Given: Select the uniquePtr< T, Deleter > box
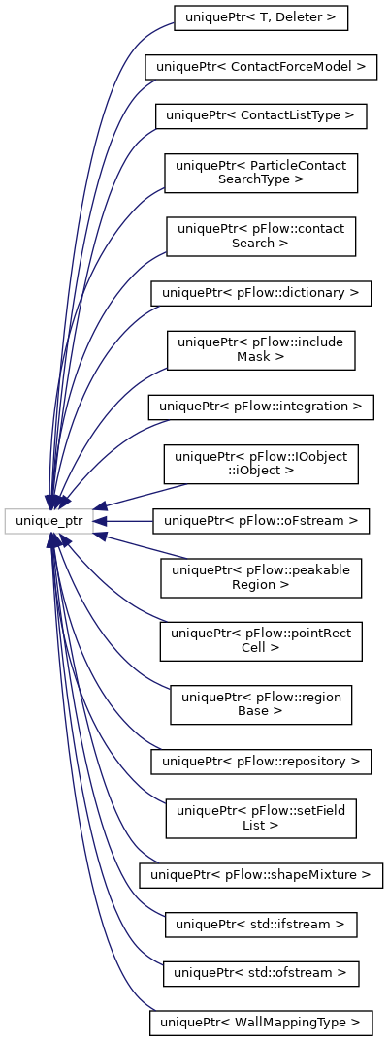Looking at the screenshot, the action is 261,17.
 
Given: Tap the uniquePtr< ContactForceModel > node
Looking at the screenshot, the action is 261,66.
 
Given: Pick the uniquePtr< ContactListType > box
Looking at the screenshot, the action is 261,116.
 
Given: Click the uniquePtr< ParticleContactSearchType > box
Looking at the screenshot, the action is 261,173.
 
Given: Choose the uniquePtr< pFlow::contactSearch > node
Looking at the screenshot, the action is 261,237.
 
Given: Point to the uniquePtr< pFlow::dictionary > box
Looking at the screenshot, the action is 261,293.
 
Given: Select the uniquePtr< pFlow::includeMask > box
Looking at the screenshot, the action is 261,350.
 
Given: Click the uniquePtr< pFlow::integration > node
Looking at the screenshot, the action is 261,407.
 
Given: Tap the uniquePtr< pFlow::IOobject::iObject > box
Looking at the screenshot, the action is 261,464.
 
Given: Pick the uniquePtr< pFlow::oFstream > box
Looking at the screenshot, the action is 261,521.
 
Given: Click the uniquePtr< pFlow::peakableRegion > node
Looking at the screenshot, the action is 261,577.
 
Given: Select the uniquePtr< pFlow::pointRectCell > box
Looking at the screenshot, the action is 261,641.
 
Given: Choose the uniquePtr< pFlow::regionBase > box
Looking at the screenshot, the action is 261,704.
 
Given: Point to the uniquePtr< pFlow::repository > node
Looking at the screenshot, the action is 261,761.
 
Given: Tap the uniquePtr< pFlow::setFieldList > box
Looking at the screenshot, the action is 261,818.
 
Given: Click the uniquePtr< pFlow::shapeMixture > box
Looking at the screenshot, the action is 261,875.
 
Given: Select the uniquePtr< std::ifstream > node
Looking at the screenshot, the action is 261,925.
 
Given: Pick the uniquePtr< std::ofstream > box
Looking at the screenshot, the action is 261,973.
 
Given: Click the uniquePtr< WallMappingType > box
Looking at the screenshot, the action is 261,1023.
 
